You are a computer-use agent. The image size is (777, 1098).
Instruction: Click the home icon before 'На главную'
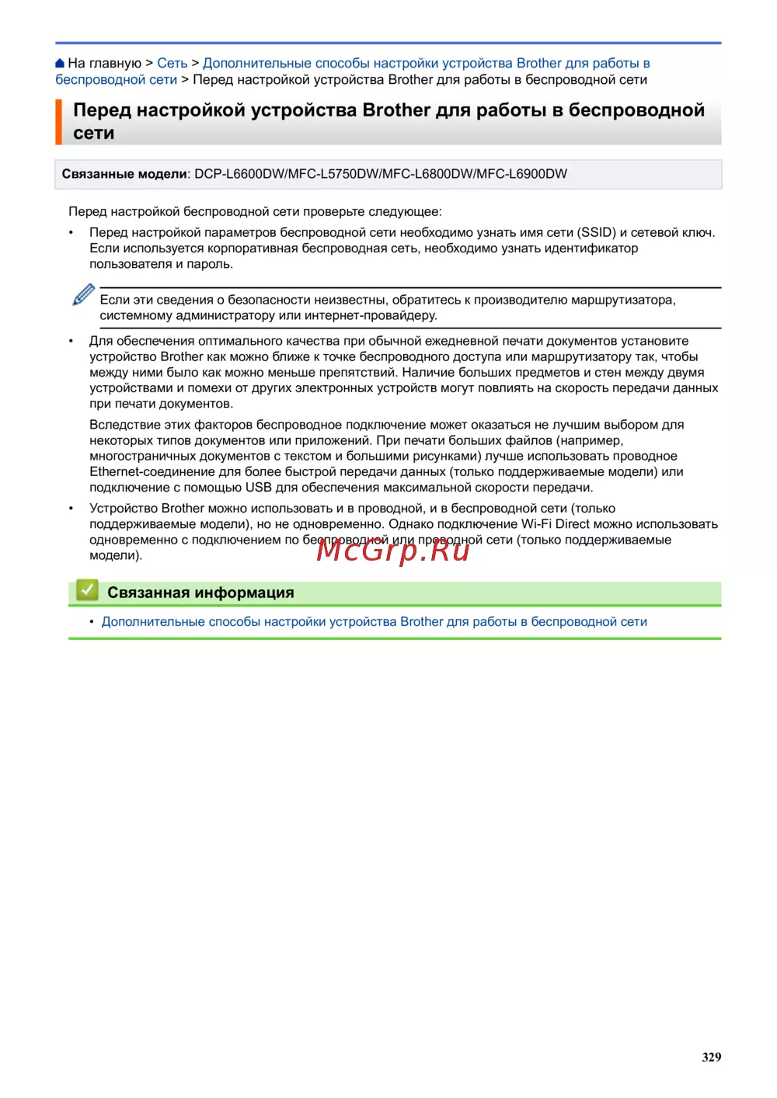(x=61, y=63)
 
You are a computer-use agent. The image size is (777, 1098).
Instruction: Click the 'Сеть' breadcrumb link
(x=172, y=63)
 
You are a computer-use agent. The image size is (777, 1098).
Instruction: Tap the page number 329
(x=711, y=1057)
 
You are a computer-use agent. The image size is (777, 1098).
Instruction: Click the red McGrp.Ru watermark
(x=393, y=550)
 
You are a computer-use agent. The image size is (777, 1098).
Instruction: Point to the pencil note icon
(x=83, y=295)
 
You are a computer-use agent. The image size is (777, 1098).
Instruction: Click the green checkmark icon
(x=87, y=590)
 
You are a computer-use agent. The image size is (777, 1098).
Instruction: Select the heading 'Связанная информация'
(x=200, y=592)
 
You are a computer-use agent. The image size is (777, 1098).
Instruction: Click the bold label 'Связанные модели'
(x=124, y=174)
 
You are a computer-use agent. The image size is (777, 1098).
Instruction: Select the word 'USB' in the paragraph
(x=258, y=488)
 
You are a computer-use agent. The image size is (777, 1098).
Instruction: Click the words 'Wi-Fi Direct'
(x=555, y=524)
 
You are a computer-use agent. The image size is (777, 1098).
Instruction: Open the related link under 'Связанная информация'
(x=374, y=621)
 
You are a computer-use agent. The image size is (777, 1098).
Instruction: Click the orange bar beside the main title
(x=58, y=122)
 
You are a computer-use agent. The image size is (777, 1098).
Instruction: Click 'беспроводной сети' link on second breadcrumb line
(x=116, y=79)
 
